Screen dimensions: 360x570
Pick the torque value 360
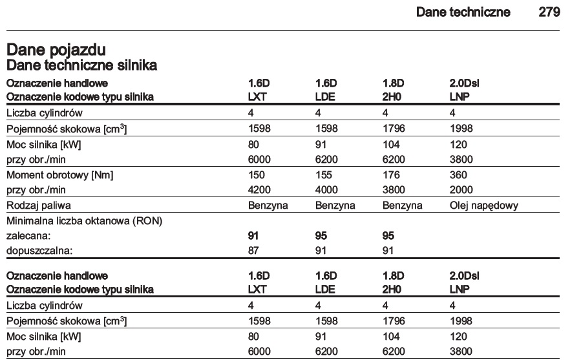(x=458, y=176)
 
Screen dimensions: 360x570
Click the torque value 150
(x=256, y=176)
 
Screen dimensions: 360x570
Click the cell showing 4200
(x=259, y=189)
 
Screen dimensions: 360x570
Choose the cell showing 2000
(x=461, y=189)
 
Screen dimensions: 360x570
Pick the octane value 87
(x=254, y=249)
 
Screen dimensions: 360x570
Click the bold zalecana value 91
(x=254, y=236)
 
